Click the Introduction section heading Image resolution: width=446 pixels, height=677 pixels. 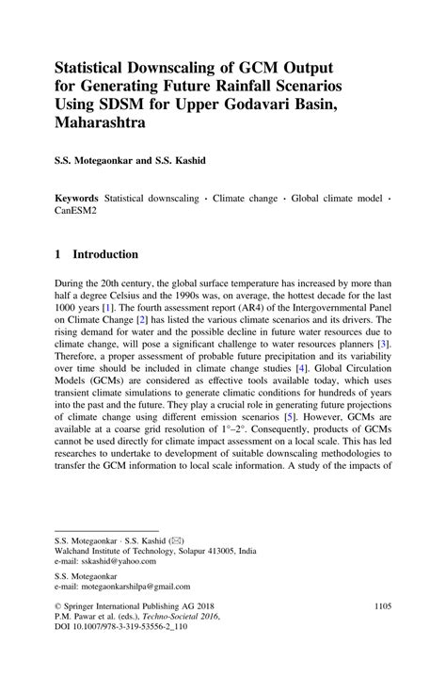[x=105, y=254]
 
